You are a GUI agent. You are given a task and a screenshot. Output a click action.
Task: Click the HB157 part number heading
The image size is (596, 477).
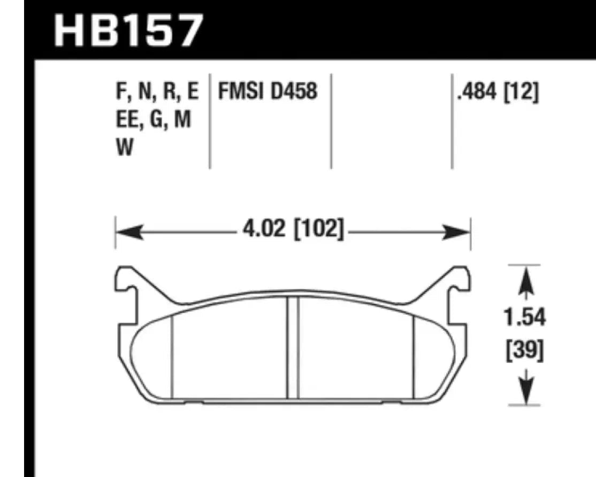pos(129,31)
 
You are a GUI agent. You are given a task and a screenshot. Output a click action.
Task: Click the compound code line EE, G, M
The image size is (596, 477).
pos(152,120)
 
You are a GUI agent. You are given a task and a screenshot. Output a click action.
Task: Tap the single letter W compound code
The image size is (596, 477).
pos(125,148)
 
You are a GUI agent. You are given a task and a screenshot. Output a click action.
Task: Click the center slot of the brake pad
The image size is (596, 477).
pos(292,348)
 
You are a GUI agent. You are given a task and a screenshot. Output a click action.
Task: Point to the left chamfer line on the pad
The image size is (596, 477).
pos(171,356)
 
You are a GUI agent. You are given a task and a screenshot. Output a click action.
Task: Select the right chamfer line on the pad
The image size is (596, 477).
pos(414,356)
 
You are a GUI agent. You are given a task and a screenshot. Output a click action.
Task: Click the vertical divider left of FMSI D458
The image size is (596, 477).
pos(209,120)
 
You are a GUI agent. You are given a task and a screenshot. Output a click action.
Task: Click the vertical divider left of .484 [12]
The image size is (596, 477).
pos(452,120)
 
